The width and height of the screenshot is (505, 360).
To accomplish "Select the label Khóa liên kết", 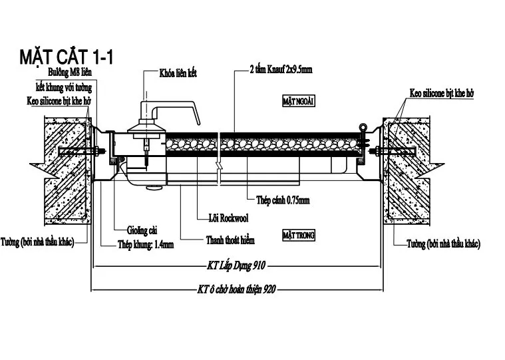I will (178, 73).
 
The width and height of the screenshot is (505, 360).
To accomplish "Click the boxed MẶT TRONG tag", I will (298, 235).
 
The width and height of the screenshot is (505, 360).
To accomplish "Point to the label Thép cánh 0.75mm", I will (283, 200).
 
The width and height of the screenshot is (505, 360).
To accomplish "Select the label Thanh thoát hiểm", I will (229, 240).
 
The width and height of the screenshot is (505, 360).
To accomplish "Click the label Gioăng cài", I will (144, 230).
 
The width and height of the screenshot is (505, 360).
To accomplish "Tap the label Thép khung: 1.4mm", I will (146, 244).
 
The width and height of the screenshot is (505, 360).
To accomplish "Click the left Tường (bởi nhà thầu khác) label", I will (37, 242).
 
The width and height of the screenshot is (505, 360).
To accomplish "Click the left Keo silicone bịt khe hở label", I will (59, 101).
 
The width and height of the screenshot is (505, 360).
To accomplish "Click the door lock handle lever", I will (176, 107).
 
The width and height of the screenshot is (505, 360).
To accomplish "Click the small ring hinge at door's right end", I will (363, 128).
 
